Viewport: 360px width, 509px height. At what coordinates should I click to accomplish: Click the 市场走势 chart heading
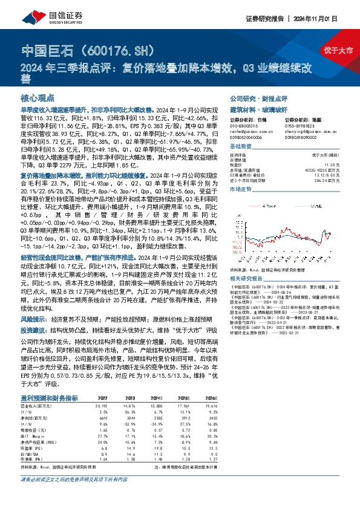pyautogui.click(x=240, y=190)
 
